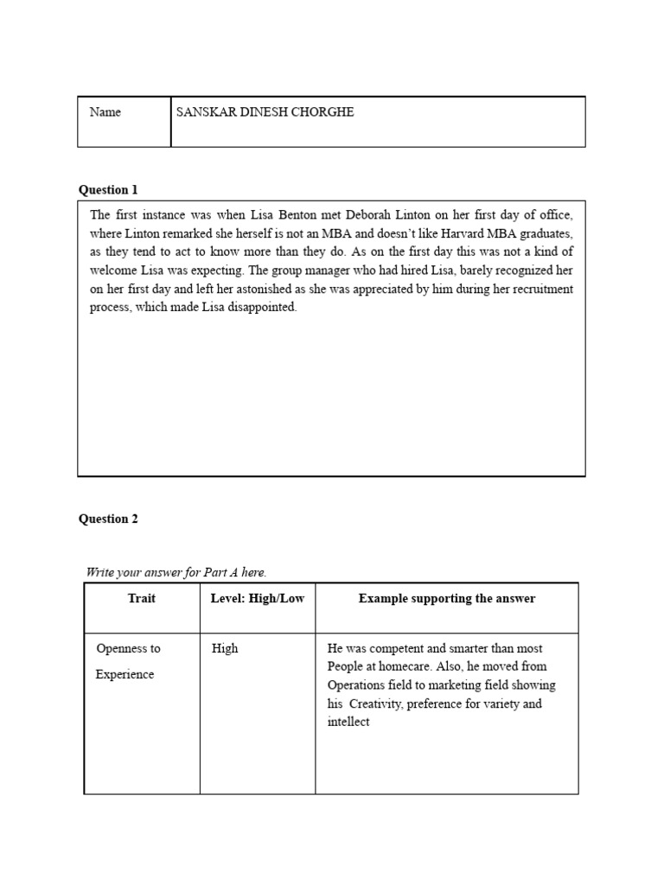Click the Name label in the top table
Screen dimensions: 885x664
[x=105, y=112]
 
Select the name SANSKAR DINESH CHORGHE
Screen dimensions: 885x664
[x=265, y=112]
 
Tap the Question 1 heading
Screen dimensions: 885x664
[x=108, y=189]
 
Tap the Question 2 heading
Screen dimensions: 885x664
[x=108, y=519]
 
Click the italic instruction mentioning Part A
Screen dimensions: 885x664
[x=176, y=572]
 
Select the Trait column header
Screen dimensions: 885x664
[x=142, y=598]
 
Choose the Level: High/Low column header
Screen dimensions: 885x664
[x=257, y=598]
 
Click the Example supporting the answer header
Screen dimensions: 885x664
[x=446, y=598]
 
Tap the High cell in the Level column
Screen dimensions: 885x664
[x=225, y=648]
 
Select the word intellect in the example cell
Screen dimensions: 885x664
[x=348, y=722]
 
